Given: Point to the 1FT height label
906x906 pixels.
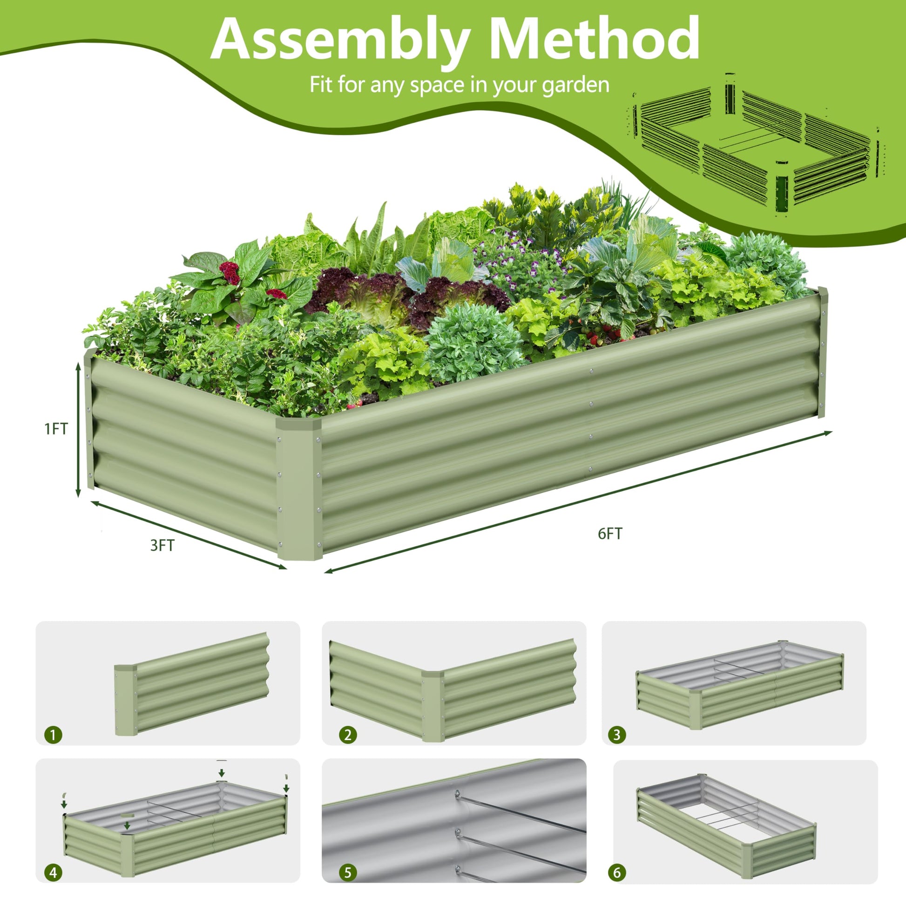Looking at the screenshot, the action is click(56, 429).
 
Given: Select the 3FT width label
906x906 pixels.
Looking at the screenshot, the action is click(162, 545).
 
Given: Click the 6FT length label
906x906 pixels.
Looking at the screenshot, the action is click(610, 534).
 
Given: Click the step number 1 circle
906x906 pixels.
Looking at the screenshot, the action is click(53, 734).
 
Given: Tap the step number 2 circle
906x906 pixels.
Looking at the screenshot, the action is click(347, 734).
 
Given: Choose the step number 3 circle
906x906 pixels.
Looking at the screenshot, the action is click(617, 734).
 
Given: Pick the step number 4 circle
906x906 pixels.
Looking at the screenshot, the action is click(53, 872).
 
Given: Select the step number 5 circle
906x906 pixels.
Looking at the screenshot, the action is click(347, 872).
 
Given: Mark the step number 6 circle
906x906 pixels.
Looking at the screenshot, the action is click(617, 872).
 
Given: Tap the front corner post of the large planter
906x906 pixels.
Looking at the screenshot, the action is click(299, 488).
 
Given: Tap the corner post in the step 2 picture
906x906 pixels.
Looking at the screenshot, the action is click(433, 706).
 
